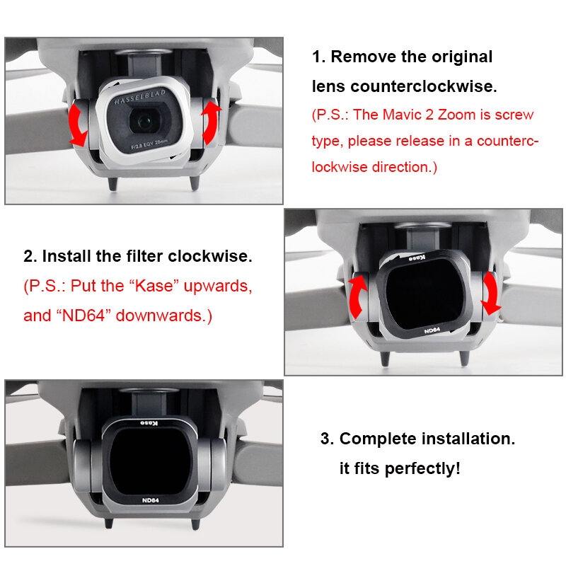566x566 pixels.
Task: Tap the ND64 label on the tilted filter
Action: pos(432,330)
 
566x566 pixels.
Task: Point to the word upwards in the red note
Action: pos(219,287)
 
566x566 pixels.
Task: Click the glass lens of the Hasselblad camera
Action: pos(146,121)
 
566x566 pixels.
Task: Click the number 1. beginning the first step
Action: pos(319,57)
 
